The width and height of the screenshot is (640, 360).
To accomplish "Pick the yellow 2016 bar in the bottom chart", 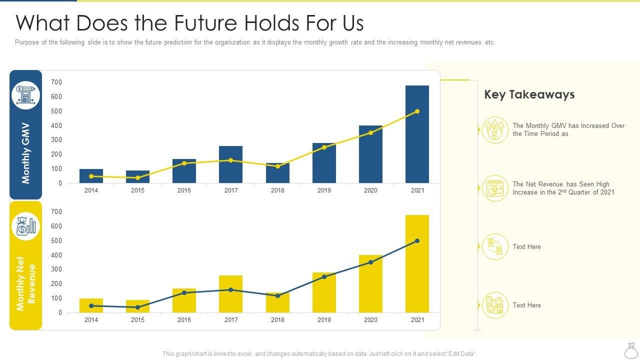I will (184, 300).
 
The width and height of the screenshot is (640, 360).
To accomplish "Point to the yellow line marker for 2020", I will (370, 133).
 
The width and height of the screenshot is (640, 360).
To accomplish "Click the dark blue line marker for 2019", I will (324, 277).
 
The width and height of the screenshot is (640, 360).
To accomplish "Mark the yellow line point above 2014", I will (91, 176).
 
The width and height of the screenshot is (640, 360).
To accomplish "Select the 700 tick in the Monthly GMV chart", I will (56, 82).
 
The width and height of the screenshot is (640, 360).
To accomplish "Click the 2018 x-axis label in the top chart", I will (277, 190).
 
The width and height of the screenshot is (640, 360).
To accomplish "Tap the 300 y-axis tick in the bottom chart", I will (56, 269).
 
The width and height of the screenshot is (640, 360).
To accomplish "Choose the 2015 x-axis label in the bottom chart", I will (137, 320).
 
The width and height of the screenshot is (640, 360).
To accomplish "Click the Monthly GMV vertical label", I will (26, 153).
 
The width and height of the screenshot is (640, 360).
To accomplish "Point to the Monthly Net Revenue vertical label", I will (26, 283).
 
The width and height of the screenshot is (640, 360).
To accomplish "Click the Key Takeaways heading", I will (529, 94).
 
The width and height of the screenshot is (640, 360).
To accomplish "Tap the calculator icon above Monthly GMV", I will (26, 95).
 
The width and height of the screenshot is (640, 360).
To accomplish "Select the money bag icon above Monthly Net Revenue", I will (26, 226).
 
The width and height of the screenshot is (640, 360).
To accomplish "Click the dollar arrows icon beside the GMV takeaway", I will (495, 130).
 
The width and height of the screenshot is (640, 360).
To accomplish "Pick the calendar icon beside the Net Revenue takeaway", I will (495, 188).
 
